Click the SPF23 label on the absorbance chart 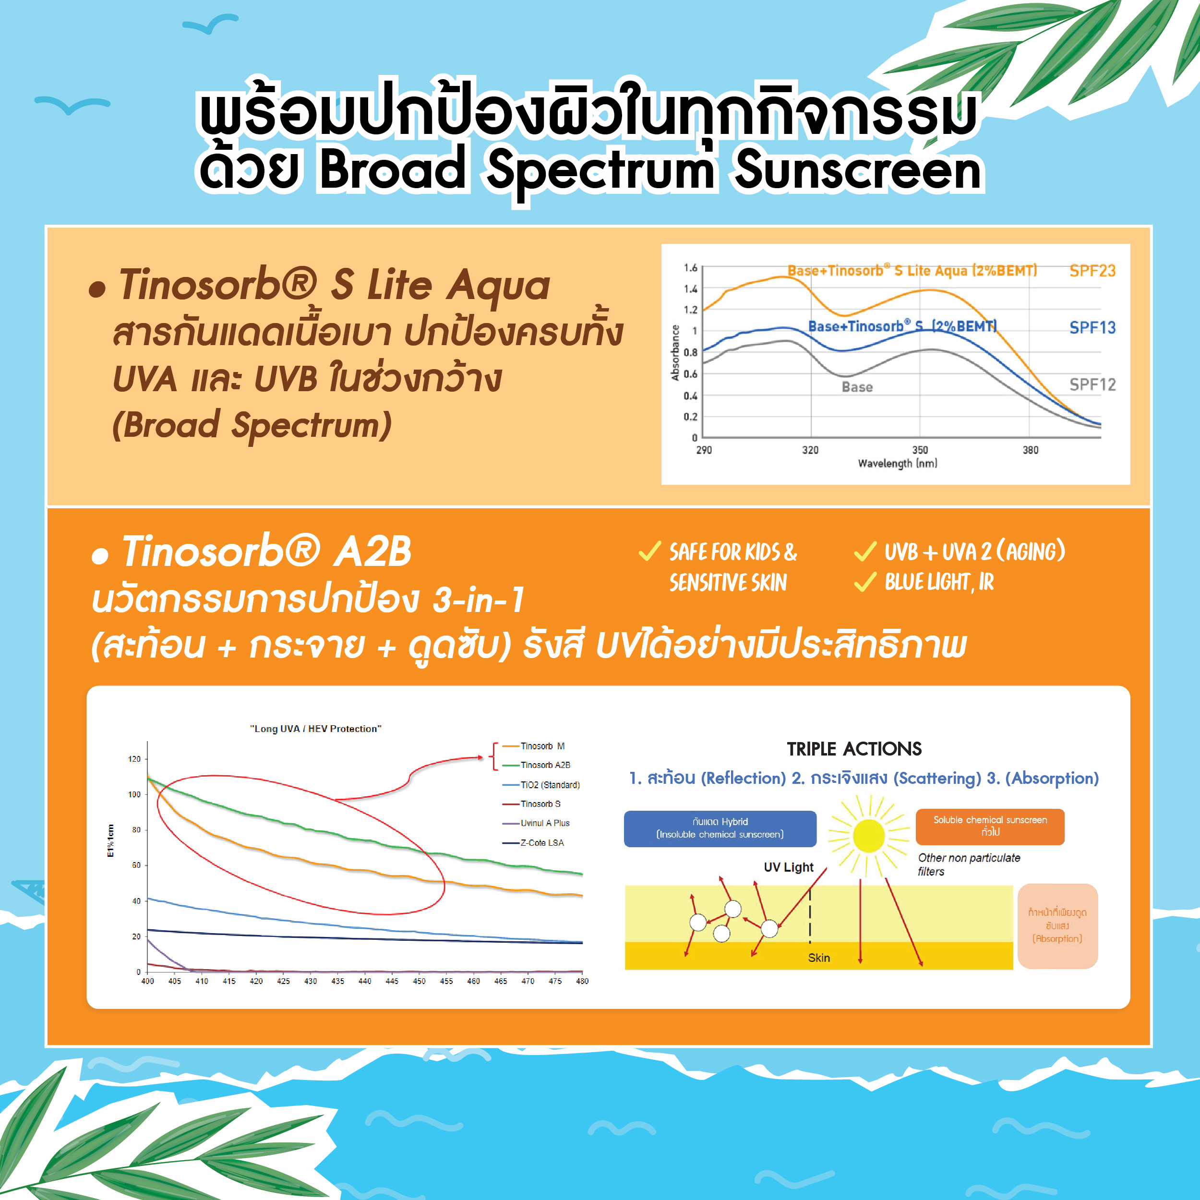[1092, 271]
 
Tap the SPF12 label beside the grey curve [1092, 384]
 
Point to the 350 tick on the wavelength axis [920, 450]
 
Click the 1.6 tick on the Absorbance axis [691, 268]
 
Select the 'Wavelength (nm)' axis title [898, 463]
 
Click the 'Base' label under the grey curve [857, 387]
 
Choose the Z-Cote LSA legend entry [534, 843]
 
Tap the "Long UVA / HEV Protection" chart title [315, 729]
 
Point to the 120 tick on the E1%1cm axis [134, 759]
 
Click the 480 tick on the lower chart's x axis [582, 982]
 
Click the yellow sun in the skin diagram [868, 835]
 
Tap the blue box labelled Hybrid [720, 828]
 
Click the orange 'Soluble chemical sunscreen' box [990, 827]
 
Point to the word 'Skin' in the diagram [818, 958]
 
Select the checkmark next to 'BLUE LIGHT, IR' [865, 581]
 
